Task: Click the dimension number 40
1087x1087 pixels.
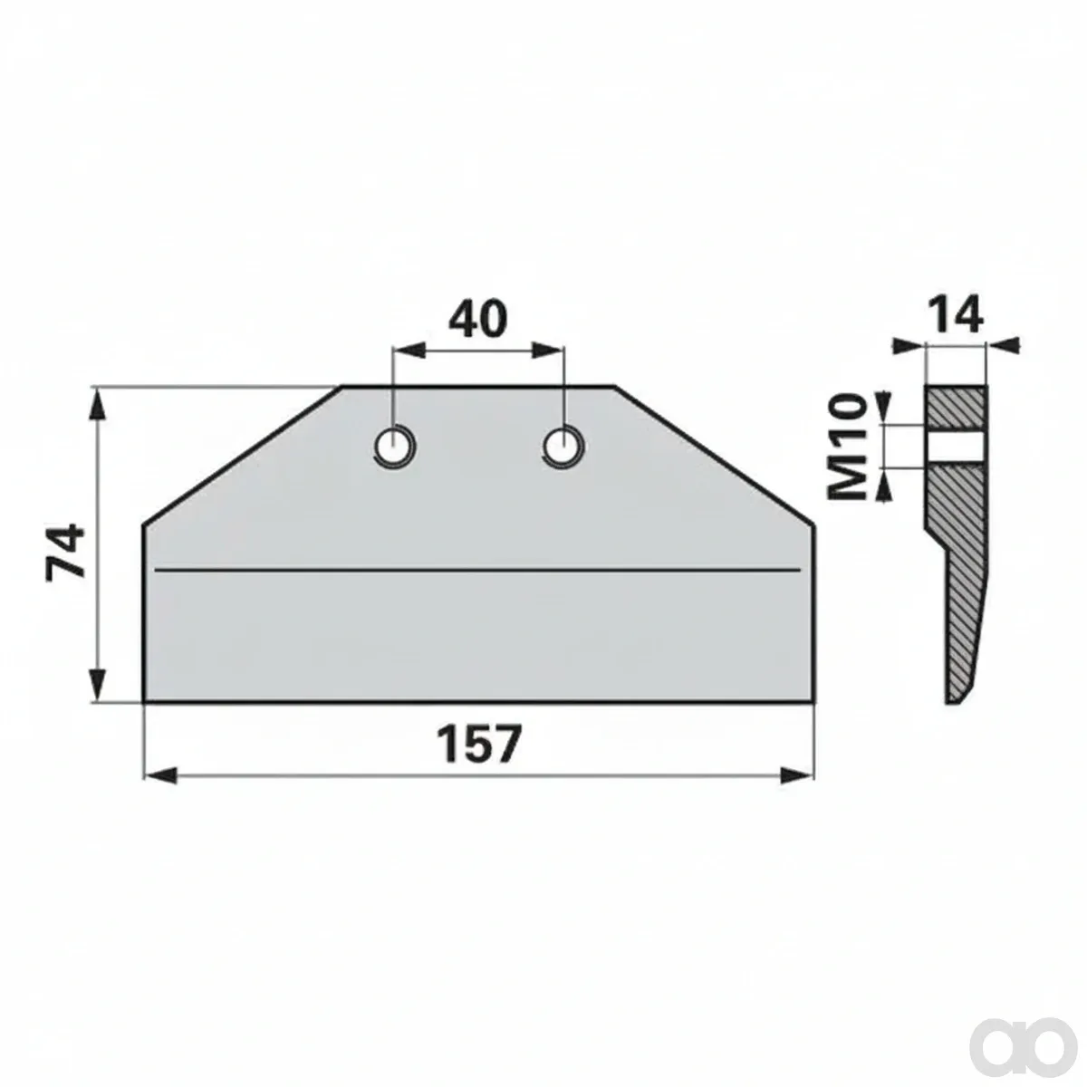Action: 477,319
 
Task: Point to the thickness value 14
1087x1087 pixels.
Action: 956,317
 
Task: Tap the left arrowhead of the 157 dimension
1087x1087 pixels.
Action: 160,775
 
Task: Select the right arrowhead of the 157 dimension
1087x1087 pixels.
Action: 797,775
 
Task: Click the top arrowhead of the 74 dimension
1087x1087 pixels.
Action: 98,404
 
